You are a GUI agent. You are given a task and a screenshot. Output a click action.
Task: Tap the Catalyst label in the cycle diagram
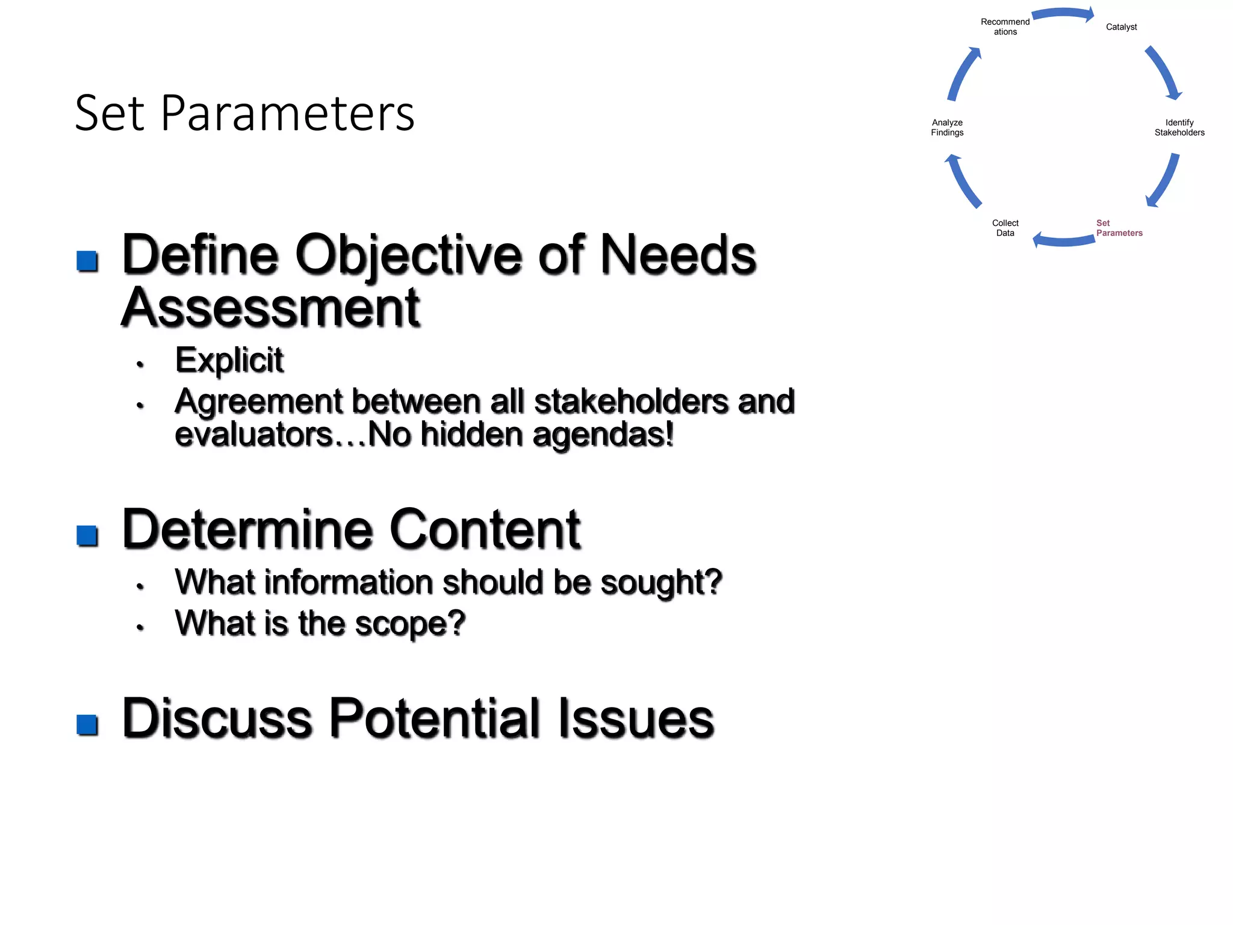coord(1121,27)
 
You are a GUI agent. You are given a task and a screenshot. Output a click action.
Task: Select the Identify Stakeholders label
coord(1179,128)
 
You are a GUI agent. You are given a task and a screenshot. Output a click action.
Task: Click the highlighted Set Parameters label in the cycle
coord(1119,228)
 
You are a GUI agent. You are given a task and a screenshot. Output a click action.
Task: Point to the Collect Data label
coord(1005,228)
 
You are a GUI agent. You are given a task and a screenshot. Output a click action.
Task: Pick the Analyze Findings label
coord(947,128)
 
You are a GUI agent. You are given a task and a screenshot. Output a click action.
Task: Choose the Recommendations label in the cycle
coord(1005,27)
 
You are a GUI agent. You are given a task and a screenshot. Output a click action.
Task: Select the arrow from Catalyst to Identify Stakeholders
coord(1164,72)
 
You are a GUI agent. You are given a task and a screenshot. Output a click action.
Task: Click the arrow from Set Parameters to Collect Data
coord(1063,241)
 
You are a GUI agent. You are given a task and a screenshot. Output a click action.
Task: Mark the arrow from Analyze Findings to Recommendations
coord(963,73)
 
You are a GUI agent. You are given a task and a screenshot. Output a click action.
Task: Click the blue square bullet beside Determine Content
coord(87,535)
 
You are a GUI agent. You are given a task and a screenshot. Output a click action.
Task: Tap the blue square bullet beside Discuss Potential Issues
coord(87,724)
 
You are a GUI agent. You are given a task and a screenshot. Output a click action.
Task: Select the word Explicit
coord(229,361)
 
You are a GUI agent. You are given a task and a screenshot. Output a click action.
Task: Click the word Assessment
coord(270,308)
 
